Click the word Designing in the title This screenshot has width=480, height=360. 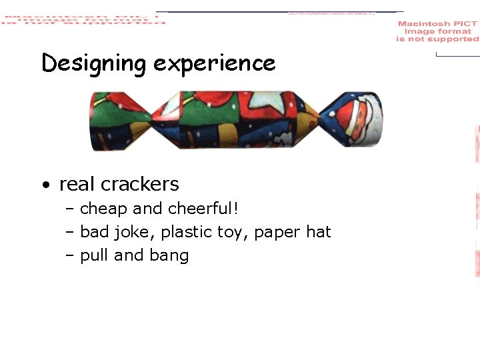(x=93, y=64)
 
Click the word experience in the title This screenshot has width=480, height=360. (x=214, y=64)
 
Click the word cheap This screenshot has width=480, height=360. (x=104, y=209)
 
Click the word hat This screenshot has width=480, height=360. (x=318, y=232)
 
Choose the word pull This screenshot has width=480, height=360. (x=94, y=256)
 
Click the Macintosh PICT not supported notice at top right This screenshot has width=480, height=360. (x=437, y=31)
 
